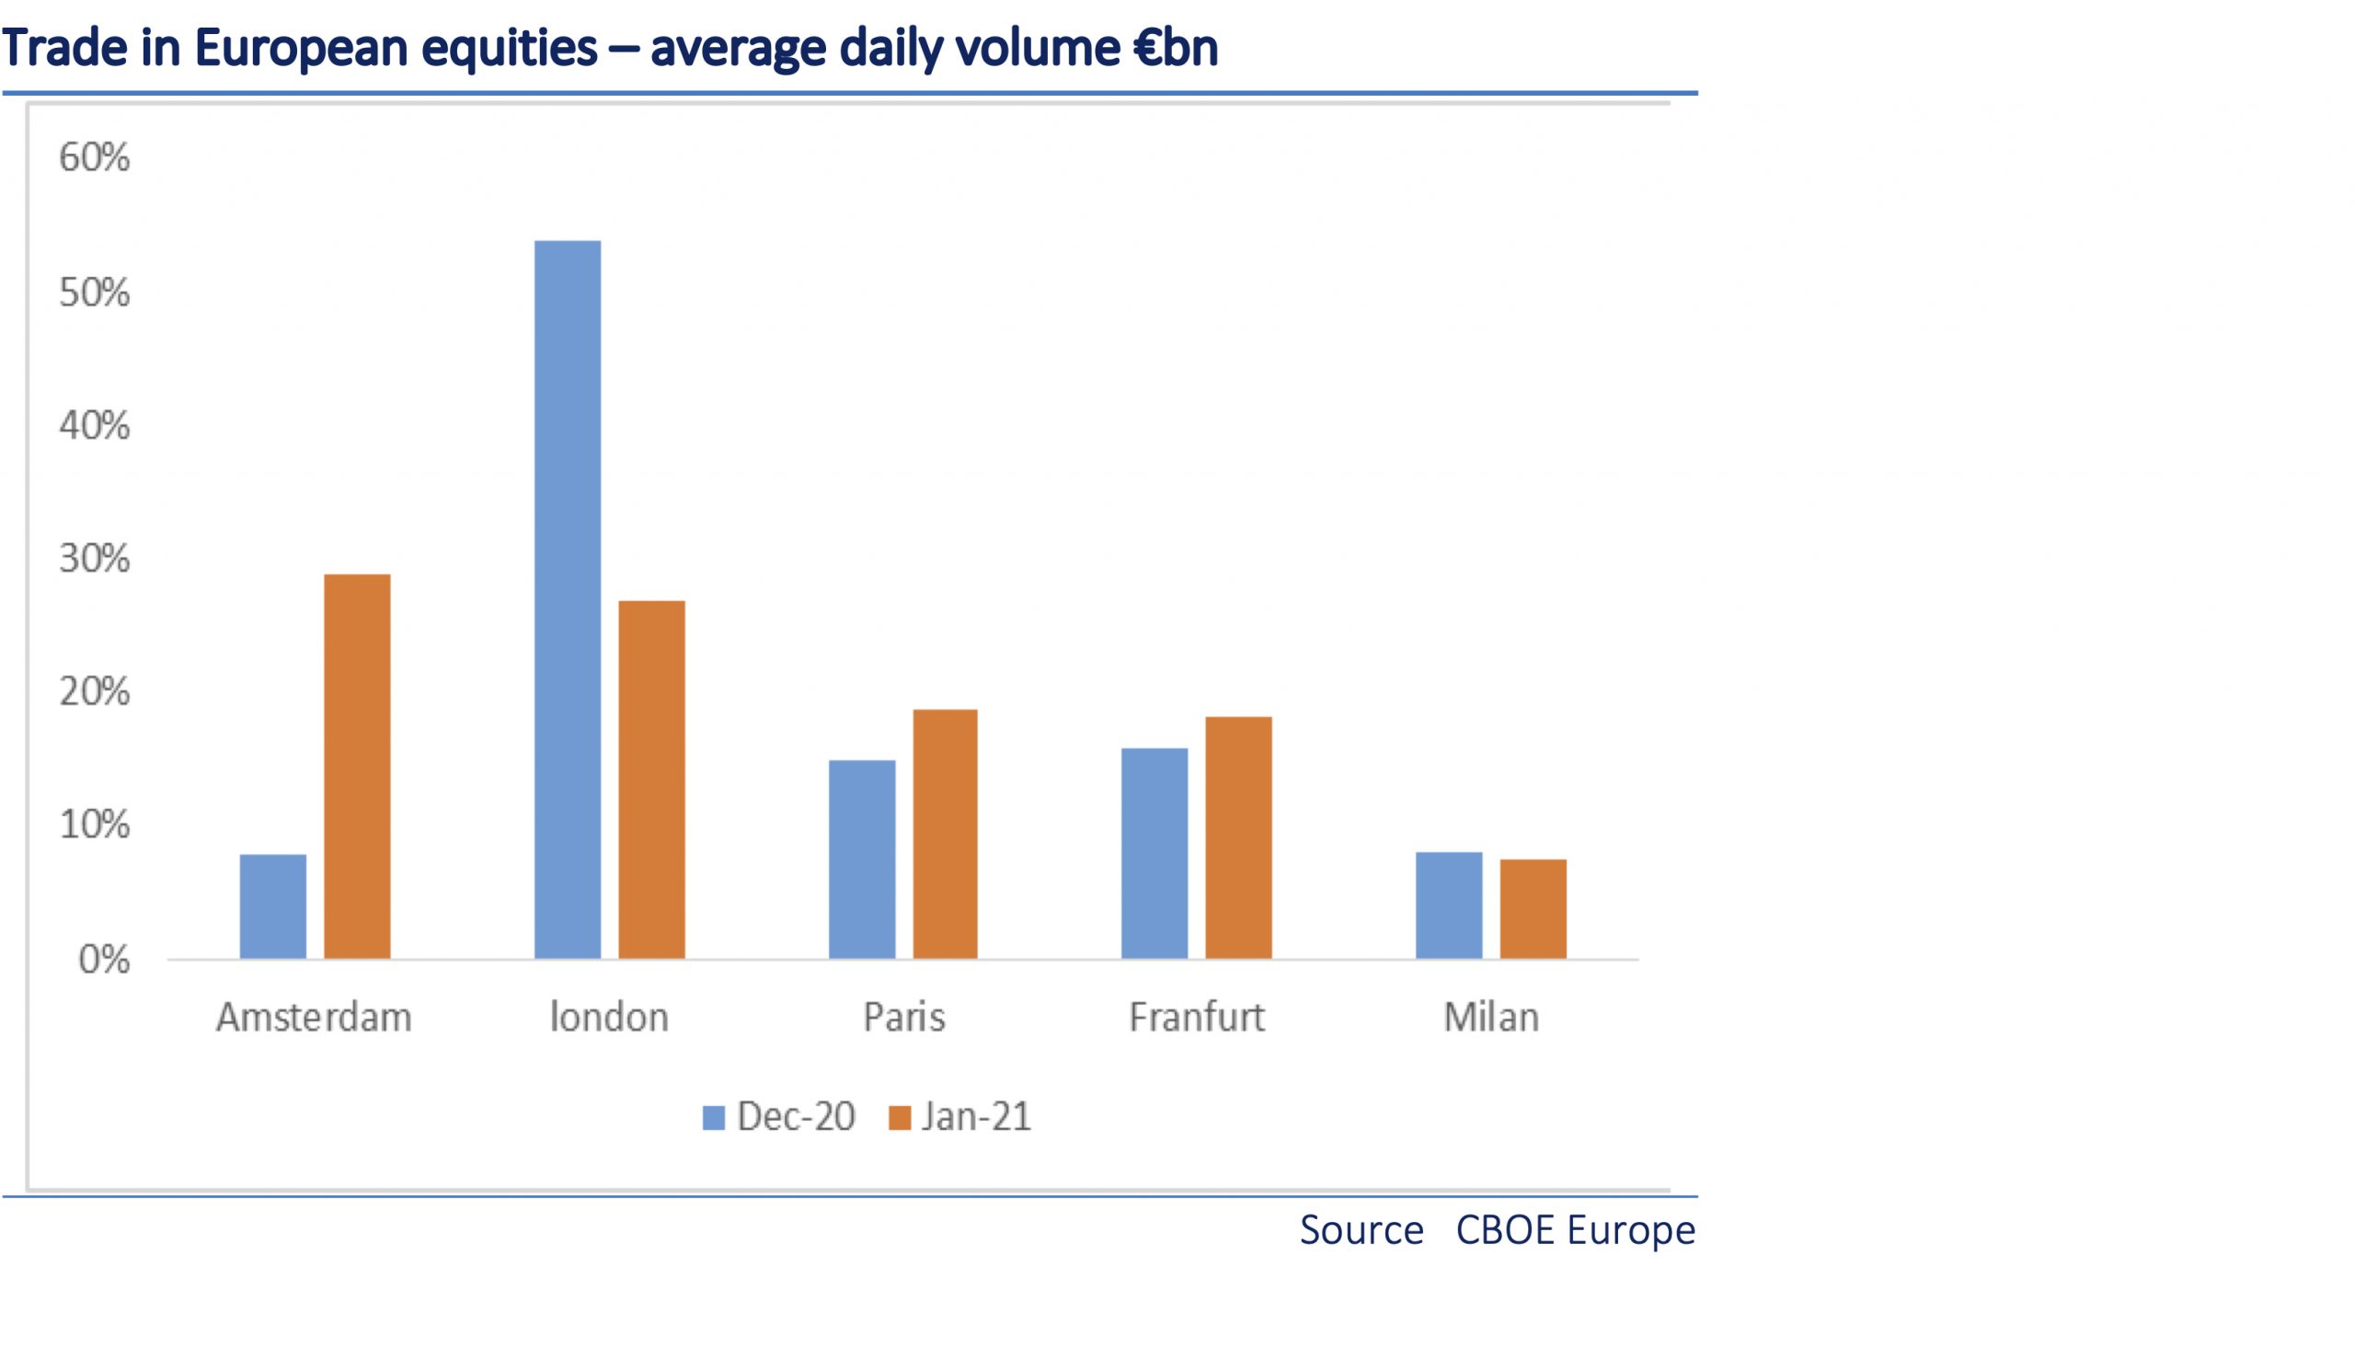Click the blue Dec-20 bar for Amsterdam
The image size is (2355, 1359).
(272, 906)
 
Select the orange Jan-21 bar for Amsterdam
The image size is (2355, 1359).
(356, 766)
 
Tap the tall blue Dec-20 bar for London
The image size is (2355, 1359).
(568, 599)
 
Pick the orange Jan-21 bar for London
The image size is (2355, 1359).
(651, 779)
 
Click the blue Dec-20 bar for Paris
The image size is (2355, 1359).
(861, 858)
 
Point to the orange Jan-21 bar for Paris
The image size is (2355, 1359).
(945, 834)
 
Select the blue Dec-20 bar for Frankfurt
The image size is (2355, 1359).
(1155, 853)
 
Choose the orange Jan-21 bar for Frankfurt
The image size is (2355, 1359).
(1238, 837)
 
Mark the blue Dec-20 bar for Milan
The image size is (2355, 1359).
(1448, 905)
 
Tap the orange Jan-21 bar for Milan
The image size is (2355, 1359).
(1532, 908)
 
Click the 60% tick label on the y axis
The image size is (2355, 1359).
(94, 157)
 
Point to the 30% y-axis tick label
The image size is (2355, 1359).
(94, 559)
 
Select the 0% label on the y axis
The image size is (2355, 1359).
(104, 960)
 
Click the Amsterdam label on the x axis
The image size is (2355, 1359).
(314, 1018)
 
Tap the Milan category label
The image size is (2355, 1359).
(1490, 1018)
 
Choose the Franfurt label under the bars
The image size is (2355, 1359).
(1196, 1018)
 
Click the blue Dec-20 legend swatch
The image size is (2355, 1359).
(714, 1117)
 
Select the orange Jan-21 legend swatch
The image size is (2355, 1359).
(900, 1117)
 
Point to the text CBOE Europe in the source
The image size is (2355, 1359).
(1575, 1230)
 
